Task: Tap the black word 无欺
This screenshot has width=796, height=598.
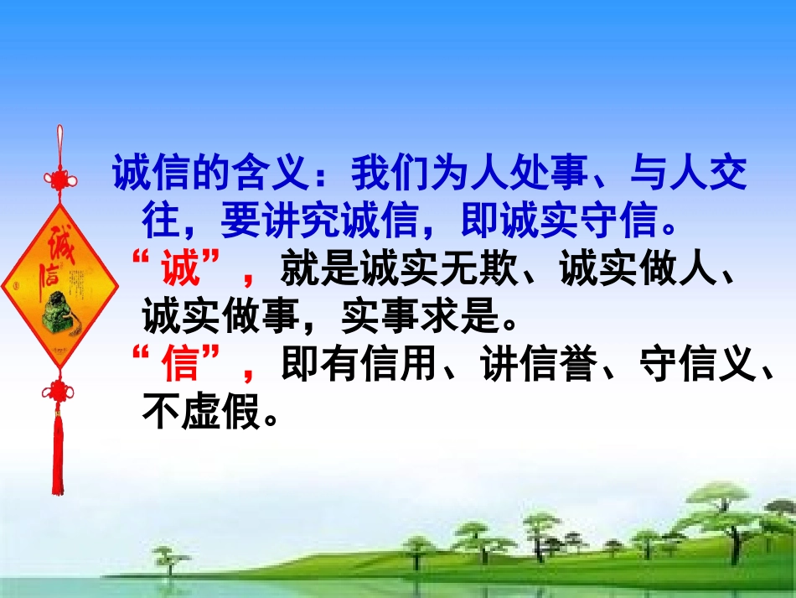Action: pyautogui.click(x=479, y=271)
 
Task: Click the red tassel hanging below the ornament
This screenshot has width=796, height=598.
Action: pyautogui.click(x=58, y=453)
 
